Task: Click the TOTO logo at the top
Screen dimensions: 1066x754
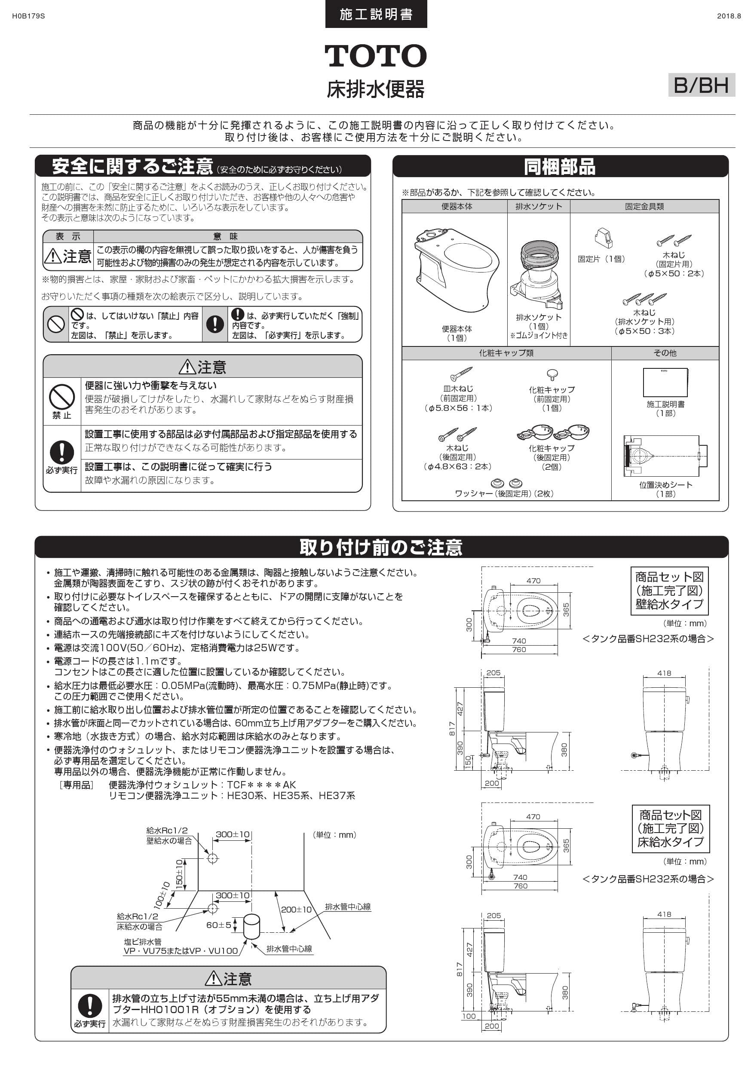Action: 375,56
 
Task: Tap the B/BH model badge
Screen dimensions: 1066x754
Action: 701,85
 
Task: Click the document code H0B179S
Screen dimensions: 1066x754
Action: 28,16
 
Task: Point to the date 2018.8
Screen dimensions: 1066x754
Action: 729,16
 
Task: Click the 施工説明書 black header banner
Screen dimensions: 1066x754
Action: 376,14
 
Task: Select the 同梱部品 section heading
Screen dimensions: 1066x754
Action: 560,167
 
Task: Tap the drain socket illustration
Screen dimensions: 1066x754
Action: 539,274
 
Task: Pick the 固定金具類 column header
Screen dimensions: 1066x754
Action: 644,207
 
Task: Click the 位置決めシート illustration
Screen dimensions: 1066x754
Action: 665,456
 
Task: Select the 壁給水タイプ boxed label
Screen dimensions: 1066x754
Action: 669,591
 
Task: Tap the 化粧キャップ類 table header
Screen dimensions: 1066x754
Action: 506,353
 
